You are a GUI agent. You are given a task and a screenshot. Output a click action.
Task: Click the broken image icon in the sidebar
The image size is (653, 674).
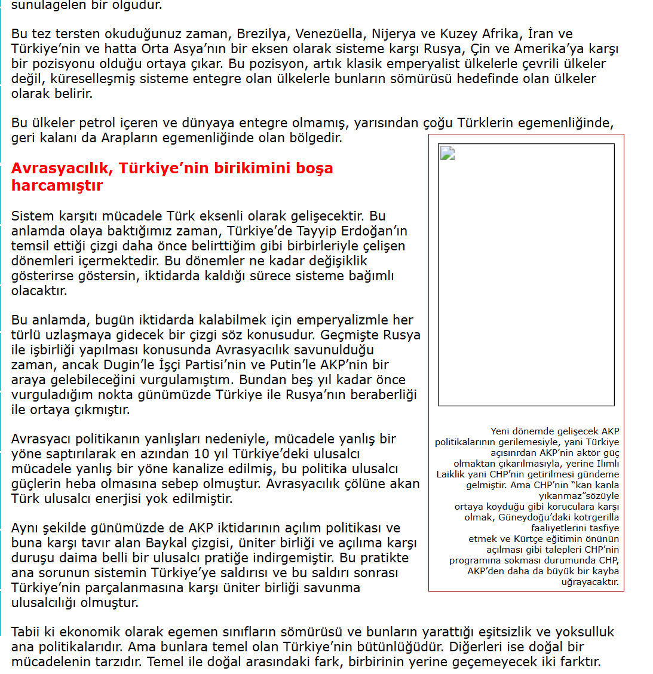click(447, 154)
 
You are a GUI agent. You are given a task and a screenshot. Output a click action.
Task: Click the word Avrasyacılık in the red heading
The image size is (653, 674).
click(62, 168)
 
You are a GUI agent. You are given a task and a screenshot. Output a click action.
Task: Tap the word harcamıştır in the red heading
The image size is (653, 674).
click(57, 186)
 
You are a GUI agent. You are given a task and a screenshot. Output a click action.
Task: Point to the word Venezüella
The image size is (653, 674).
click(329, 34)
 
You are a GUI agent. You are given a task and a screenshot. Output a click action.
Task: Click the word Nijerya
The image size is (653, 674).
click(393, 34)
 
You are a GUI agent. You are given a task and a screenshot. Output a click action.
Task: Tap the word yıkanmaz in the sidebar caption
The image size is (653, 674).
click(561, 496)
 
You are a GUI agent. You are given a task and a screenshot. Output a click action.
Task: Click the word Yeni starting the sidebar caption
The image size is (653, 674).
click(501, 431)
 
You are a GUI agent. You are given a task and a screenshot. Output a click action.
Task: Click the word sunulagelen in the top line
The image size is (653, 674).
click(47, 5)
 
